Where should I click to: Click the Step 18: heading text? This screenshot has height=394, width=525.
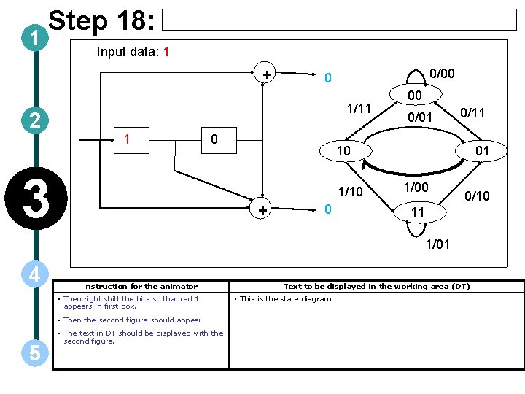pos(101,23)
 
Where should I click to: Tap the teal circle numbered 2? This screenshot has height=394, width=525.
pos(34,120)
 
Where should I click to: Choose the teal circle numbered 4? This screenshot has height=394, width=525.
pos(34,275)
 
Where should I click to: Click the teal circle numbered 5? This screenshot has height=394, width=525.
pos(34,353)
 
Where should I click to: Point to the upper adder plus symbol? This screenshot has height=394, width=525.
pos(267,74)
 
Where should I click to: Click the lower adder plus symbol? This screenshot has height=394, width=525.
pos(262,210)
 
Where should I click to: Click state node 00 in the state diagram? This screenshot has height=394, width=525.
pos(414,96)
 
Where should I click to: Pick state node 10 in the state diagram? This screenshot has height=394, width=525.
pos(343,151)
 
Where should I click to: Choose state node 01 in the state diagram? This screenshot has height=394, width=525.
pos(482,151)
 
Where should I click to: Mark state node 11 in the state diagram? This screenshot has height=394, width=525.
pos(417,212)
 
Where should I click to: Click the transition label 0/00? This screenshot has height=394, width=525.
pos(442,73)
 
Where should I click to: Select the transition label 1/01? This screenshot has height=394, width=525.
pos(437,244)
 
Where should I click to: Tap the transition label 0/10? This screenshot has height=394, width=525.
pos(478,196)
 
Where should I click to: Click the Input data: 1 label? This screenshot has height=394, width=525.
pos(133,52)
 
